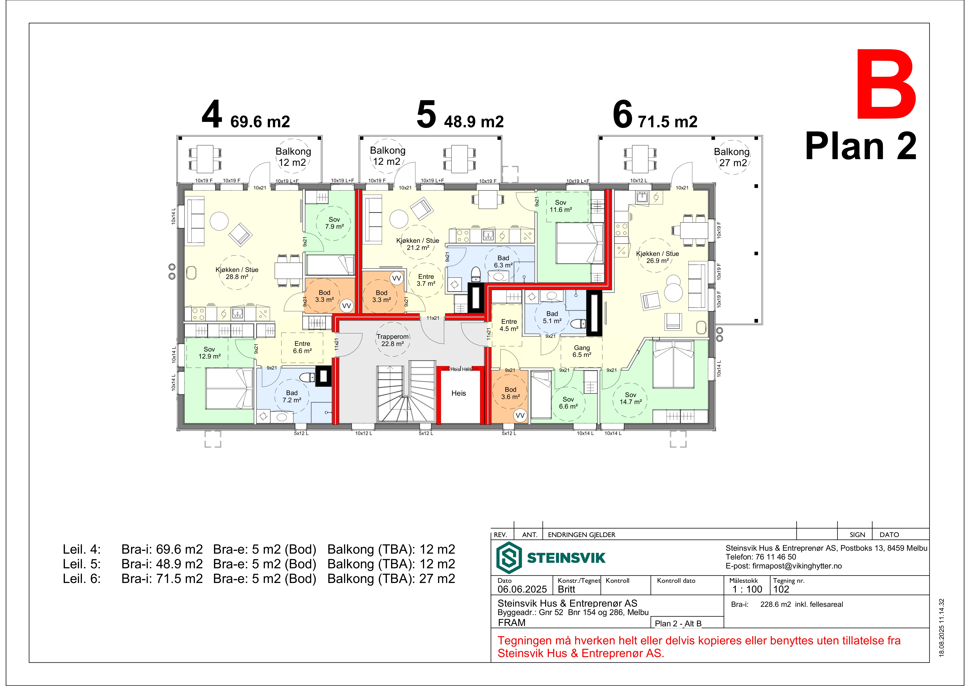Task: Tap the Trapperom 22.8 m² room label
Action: (392, 340)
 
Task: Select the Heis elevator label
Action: (458, 393)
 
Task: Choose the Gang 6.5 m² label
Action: (582, 351)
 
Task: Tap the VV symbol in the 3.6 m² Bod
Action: (520, 415)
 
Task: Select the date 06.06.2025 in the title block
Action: (522, 589)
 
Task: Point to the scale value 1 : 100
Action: (747, 589)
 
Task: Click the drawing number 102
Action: (781, 589)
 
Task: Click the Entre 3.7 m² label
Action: (426, 280)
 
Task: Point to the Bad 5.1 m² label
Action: (552, 317)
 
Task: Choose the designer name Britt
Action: (567, 589)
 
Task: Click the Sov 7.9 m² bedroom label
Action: (334, 223)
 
